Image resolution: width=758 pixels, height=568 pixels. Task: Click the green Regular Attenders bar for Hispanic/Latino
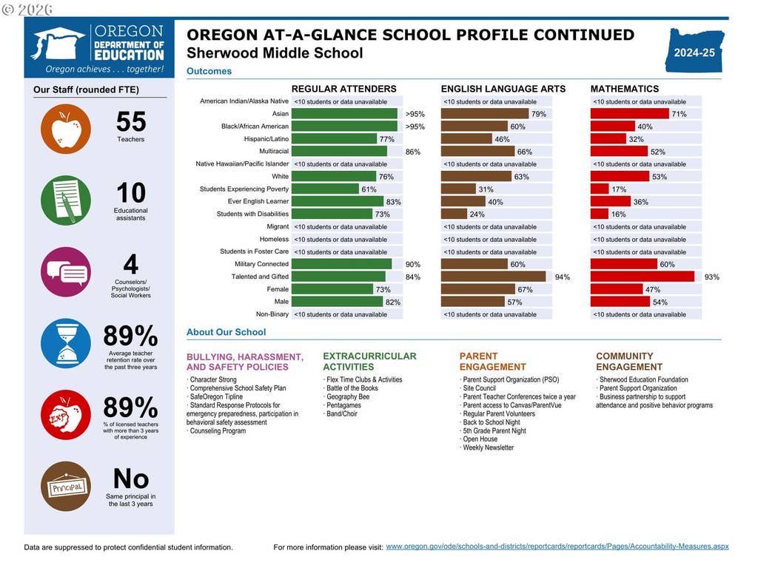[x=334, y=139]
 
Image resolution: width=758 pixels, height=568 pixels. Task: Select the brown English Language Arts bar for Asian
[x=485, y=114]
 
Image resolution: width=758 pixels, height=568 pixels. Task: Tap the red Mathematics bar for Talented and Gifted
[x=643, y=277]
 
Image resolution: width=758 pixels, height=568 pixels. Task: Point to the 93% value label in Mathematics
[x=711, y=277]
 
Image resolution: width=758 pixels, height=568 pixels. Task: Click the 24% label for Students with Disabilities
[x=477, y=214]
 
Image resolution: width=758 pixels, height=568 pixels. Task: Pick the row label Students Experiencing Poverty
[x=244, y=189]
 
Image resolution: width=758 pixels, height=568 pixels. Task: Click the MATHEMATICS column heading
[x=625, y=89]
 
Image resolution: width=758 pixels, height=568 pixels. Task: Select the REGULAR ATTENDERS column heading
[x=343, y=89]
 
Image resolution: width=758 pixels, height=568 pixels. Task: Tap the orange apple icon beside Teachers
[x=66, y=129]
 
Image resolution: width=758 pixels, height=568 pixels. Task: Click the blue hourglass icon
[x=66, y=343]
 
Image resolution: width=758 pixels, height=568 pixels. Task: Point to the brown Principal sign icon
[x=66, y=487]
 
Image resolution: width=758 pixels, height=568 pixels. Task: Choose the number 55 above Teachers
[x=131, y=121]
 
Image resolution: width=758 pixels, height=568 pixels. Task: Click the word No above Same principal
[x=131, y=479]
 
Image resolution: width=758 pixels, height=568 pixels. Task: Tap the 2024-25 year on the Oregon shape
[x=694, y=53]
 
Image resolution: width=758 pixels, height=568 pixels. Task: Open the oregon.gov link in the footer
[x=557, y=547]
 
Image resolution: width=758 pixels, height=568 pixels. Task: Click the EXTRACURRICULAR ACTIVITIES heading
[x=370, y=361]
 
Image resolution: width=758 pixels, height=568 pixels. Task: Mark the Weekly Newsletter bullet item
[x=488, y=447]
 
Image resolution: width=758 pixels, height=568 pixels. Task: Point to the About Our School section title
[x=227, y=332]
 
